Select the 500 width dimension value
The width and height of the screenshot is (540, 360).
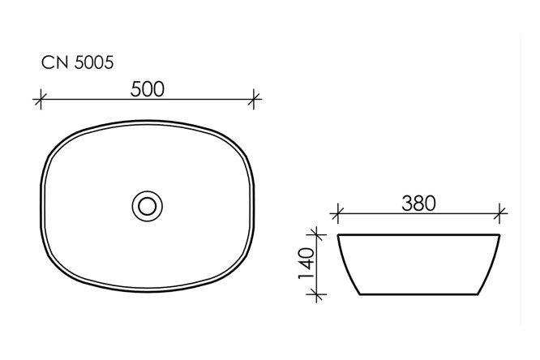(x=148, y=88)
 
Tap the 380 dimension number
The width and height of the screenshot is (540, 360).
(x=419, y=204)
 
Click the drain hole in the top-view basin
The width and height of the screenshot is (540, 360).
(x=148, y=205)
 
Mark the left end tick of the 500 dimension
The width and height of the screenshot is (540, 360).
(x=38, y=101)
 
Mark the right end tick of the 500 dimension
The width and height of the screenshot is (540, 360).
(x=255, y=101)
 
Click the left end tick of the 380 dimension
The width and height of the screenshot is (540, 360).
(x=338, y=216)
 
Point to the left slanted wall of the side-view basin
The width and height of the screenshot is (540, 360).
(x=347, y=264)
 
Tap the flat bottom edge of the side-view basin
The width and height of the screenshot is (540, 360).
(x=420, y=294)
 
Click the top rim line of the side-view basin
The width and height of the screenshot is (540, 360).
(x=420, y=235)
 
